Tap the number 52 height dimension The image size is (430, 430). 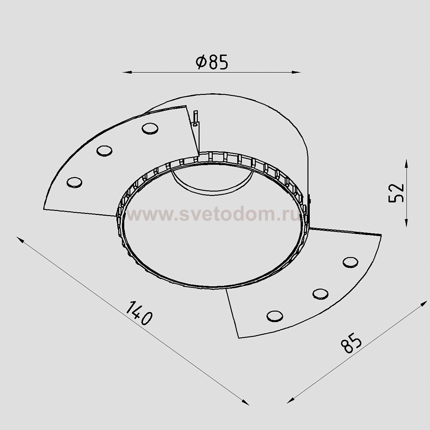point(396,192)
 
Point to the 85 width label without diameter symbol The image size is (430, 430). point(352,343)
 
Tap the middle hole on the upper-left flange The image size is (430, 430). point(105,151)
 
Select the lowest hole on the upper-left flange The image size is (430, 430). point(74,182)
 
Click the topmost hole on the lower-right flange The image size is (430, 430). point(350,262)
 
